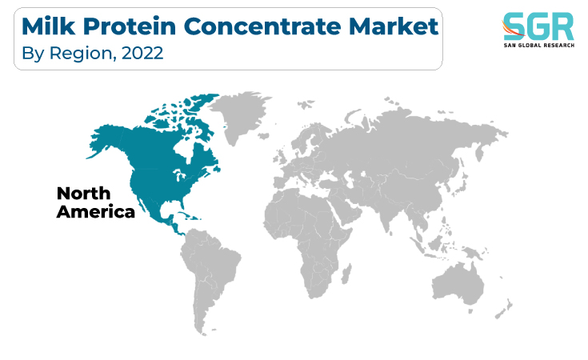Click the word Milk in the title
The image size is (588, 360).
pos(49,26)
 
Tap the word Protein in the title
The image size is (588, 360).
pos(130,27)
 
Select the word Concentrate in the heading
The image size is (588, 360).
pos(262,27)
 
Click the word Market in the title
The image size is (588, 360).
pos(394,26)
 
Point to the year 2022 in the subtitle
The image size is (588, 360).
pos(142,54)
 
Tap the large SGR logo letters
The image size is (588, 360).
pos(538,26)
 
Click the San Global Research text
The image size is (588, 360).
pos(539,46)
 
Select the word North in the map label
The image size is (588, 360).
pos(84,194)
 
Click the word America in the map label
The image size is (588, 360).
pos(96,212)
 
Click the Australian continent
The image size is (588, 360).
pos(458,284)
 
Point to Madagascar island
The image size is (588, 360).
pos(347,274)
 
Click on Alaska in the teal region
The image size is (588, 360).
pos(107,141)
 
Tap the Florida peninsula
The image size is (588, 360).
pos(182,204)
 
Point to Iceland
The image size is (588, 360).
pos(264,136)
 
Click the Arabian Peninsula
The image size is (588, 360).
pos(349,210)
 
